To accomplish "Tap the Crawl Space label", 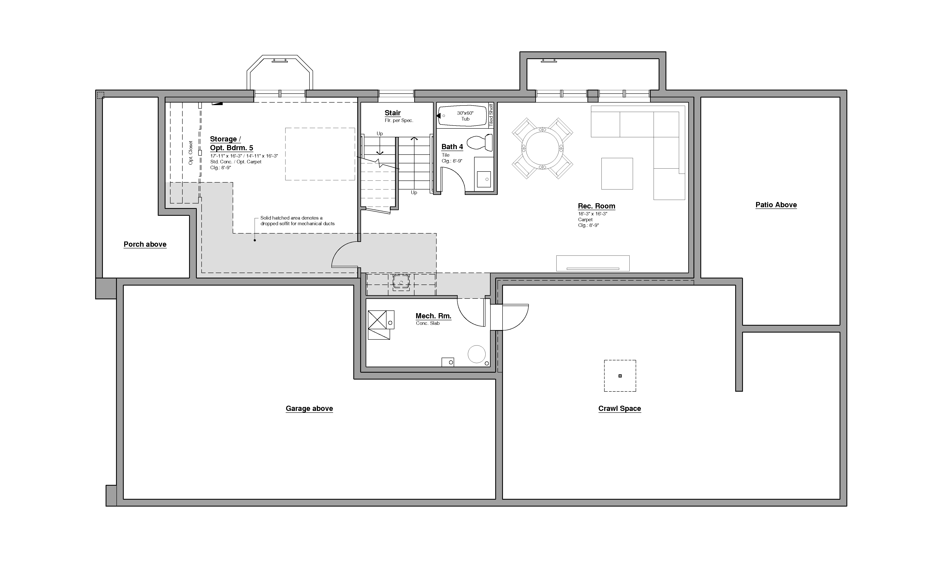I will (619, 408).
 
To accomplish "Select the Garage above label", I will (309, 408).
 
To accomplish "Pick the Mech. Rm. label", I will (433, 316).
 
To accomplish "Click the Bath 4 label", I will (452, 147).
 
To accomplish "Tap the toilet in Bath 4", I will (481, 142).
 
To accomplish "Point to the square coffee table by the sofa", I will (617, 174).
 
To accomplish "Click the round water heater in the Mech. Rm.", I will (476, 354).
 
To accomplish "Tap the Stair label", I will (393, 113).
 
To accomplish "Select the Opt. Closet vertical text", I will (191, 152).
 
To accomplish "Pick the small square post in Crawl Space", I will (620, 376).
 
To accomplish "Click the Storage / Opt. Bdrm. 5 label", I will (231, 143).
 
